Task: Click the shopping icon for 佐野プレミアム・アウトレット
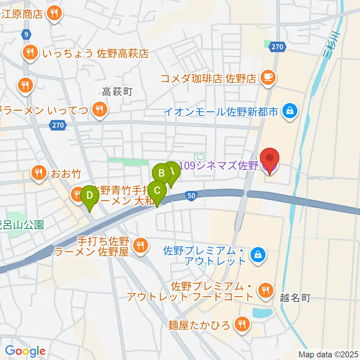point(258,255)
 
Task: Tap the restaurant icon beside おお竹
point(38,173)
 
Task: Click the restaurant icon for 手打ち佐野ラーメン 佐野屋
point(141,246)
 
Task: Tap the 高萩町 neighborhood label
point(117,91)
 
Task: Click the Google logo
point(25,351)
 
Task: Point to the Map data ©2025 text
point(328,354)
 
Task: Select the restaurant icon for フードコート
point(265,290)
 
